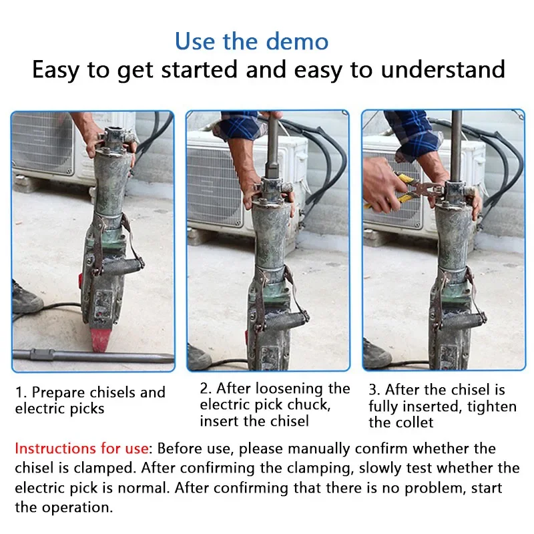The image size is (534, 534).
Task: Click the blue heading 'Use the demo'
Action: click(x=252, y=41)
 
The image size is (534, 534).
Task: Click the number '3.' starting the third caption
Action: click(x=375, y=390)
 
